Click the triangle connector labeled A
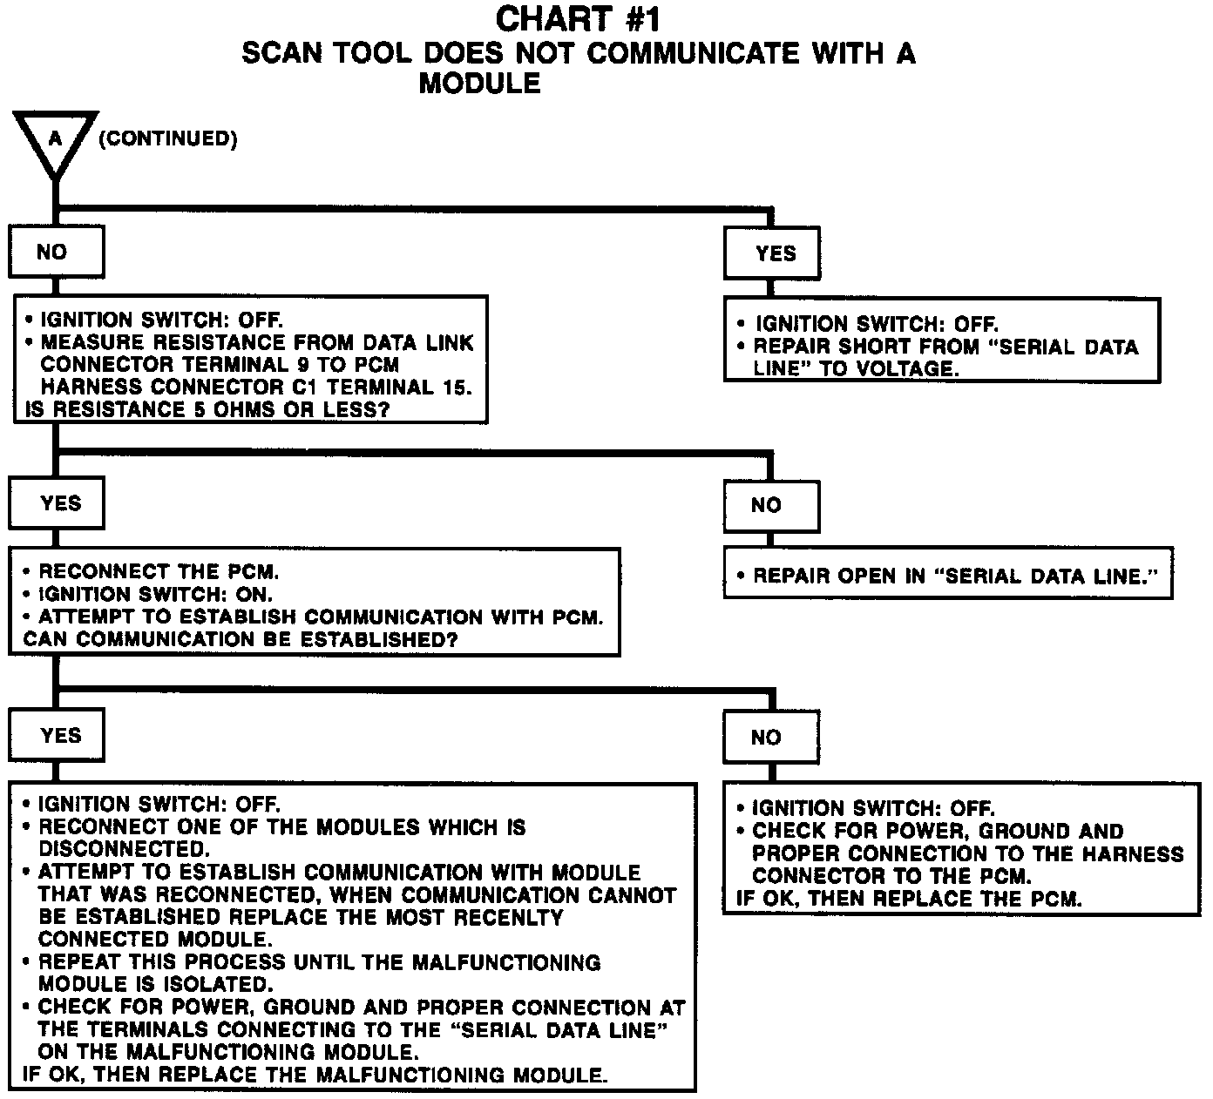pyautogui.click(x=55, y=140)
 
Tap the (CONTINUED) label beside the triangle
pyautogui.click(x=167, y=139)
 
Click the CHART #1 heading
pyautogui.click(x=578, y=19)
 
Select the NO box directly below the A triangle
pyautogui.click(x=56, y=253)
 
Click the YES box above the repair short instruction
pyautogui.click(x=771, y=253)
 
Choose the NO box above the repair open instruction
pyautogui.click(x=771, y=505)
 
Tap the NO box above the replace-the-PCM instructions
pyautogui.click(x=771, y=738)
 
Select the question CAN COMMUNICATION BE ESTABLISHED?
pyautogui.click(x=241, y=640)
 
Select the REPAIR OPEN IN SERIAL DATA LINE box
pyautogui.click(x=948, y=576)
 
